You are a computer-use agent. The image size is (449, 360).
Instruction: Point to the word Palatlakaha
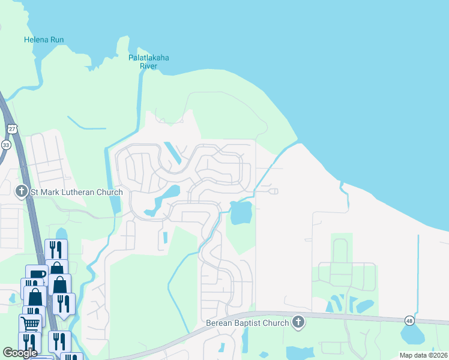(x=149, y=58)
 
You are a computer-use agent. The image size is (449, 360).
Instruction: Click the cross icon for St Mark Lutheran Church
(x=21, y=192)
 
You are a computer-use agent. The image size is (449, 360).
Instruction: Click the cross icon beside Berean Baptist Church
(x=298, y=323)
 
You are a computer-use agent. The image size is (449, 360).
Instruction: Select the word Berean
(x=220, y=323)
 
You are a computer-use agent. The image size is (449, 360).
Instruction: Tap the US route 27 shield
(x=12, y=128)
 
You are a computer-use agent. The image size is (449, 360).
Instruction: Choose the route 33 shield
(x=6, y=145)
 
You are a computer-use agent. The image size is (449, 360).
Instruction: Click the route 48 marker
(x=409, y=320)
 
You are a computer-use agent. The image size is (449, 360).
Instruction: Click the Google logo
(x=20, y=353)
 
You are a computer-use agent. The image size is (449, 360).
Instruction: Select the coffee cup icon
(x=34, y=277)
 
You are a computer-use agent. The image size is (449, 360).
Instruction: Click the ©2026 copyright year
(x=436, y=355)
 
